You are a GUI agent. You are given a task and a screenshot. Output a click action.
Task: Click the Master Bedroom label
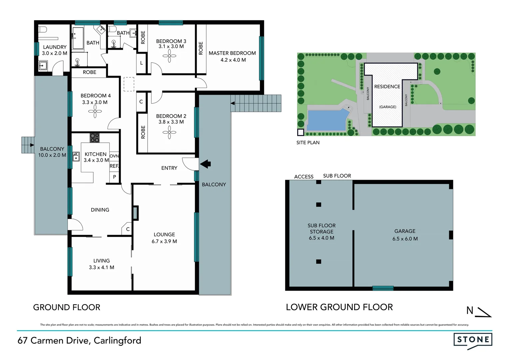pyautogui.click(x=232, y=53)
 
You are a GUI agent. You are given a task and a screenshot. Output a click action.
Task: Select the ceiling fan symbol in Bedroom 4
pyautogui.click(x=95, y=112)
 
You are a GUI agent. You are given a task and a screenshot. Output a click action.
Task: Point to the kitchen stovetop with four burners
pyautogui.click(x=95, y=138)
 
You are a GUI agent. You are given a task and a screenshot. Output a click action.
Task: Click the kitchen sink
pyautogui.click(x=76, y=157)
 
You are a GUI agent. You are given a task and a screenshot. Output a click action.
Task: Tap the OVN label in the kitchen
pyautogui.click(x=114, y=156)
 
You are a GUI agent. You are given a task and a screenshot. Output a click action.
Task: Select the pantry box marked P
pyautogui.click(x=114, y=177)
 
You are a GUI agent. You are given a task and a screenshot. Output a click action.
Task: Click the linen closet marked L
pyautogui.click(x=142, y=63)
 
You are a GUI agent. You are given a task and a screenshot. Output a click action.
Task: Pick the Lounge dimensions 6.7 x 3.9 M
pyautogui.click(x=164, y=241)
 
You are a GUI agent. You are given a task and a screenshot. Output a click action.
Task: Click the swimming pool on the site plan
pyautogui.click(x=326, y=120)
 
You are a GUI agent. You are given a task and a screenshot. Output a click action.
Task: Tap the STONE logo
pyautogui.click(x=473, y=340)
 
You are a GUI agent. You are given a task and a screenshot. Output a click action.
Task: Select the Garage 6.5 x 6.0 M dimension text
pyautogui.click(x=405, y=239)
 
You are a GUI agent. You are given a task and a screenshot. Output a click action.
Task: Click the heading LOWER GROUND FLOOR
pyautogui.click(x=339, y=307)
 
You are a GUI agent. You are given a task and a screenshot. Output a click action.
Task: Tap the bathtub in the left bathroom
pyautogui.click(x=78, y=38)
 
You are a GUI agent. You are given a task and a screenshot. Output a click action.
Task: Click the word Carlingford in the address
pyautogui.click(x=117, y=340)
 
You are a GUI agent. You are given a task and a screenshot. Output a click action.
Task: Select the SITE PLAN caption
pyautogui.click(x=308, y=143)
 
